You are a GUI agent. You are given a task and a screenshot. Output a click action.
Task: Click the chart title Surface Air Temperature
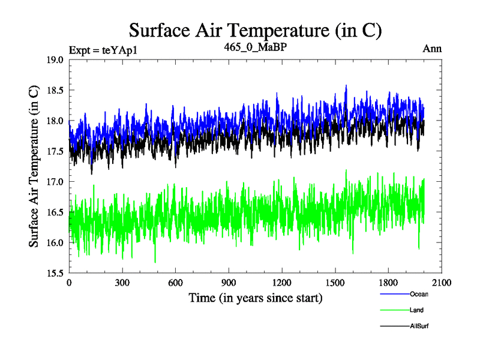click(x=255, y=30)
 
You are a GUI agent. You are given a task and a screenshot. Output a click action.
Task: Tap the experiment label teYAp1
click(x=104, y=50)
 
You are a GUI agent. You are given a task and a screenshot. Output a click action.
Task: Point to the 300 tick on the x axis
click(x=122, y=283)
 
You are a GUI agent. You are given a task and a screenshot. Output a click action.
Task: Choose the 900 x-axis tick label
click(x=229, y=283)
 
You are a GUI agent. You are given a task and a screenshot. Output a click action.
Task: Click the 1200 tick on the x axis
click(x=281, y=283)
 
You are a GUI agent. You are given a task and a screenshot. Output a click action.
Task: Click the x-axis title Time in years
click(x=255, y=298)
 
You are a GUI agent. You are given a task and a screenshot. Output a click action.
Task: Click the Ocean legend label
click(x=419, y=295)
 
